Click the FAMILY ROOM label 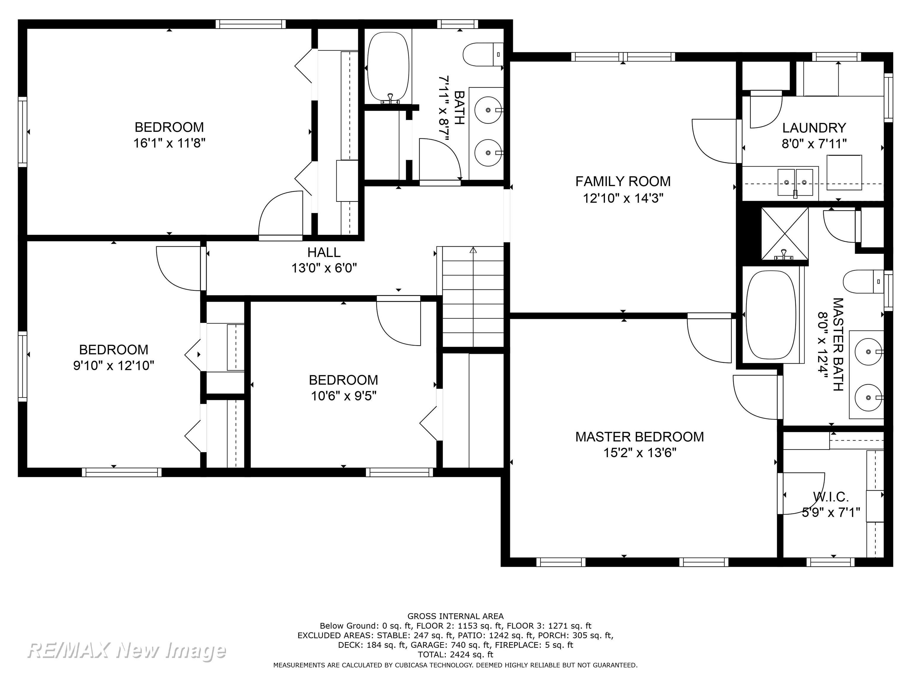[x=623, y=181]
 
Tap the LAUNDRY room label [x=814, y=128]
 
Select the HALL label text [x=324, y=252]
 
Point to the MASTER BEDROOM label [x=640, y=437]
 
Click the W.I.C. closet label [x=831, y=497]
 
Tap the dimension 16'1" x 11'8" [x=169, y=143]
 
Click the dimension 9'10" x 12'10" [x=114, y=366]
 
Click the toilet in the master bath [x=863, y=282]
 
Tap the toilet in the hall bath [x=483, y=54]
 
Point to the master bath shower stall [x=785, y=234]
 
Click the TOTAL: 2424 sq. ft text [x=455, y=654]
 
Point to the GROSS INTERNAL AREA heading [x=455, y=616]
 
